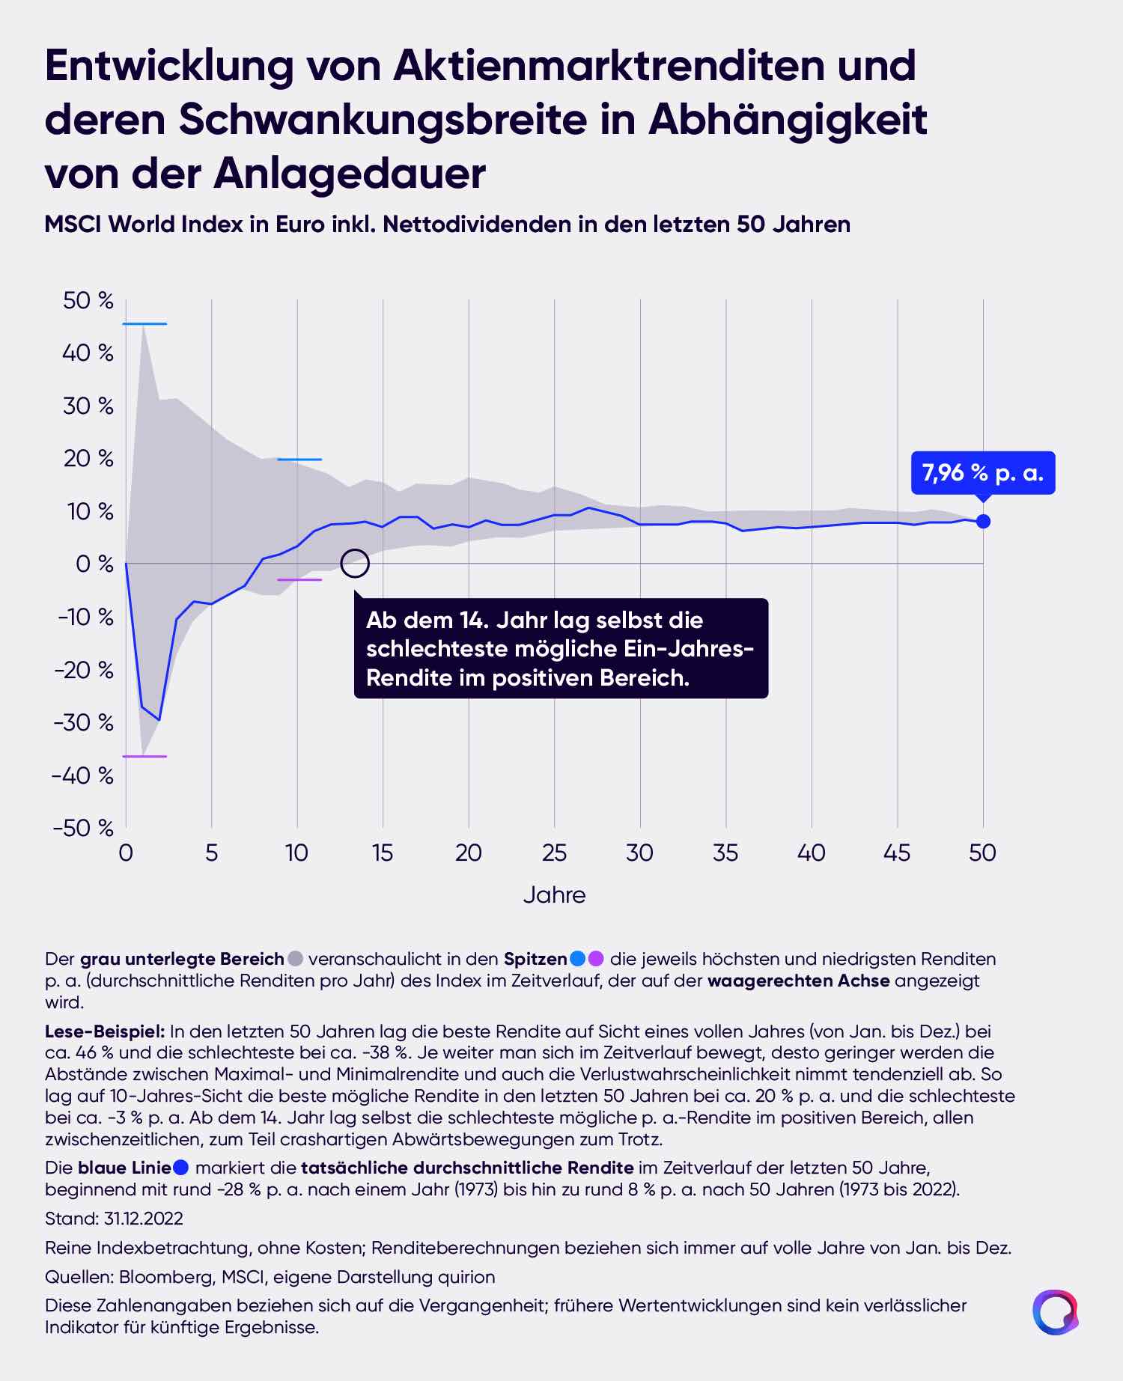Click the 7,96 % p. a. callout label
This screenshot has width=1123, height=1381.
pos(982,473)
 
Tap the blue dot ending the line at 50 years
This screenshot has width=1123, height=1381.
pos(983,521)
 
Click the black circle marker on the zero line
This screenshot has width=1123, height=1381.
pos(355,564)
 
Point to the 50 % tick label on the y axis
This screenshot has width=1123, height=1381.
pos(88,301)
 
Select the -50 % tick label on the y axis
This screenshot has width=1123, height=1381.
pos(84,828)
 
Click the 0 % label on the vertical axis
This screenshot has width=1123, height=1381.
pos(94,564)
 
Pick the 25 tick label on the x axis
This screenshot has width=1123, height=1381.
pos(554,853)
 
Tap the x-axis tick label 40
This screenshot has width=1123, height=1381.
pos(811,853)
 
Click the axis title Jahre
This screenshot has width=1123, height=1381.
pos(554,895)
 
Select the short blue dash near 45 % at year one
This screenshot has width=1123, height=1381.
pos(144,324)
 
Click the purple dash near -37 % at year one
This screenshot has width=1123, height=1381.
pos(144,757)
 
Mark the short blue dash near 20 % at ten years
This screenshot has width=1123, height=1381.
pos(299,460)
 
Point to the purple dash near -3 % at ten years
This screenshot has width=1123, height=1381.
pos(299,580)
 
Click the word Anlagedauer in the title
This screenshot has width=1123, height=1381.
pos(350,174)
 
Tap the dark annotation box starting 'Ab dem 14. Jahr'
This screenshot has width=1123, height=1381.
pos(561,648)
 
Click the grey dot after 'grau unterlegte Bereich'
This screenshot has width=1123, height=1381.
pos(295,959)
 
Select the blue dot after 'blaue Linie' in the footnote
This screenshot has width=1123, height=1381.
pos(180,1167)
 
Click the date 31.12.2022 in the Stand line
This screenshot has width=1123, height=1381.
pos(144,1219)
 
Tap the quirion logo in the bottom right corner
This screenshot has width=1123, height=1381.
pos(1056,1311)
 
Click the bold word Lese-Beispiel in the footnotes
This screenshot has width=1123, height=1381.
pos(104,1031)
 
